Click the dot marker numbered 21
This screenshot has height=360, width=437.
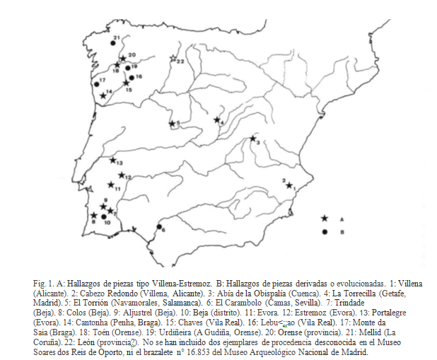tap(114, 44)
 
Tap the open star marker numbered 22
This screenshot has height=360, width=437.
tap(173, 59)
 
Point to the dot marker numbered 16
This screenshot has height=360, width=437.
tap(129, 77)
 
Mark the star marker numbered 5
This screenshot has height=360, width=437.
tap(171, 124)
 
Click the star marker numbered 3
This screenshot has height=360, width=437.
tap(252, 139)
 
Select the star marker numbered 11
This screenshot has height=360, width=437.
tap(110, 185)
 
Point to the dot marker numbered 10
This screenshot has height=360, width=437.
tap(105, 217)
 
